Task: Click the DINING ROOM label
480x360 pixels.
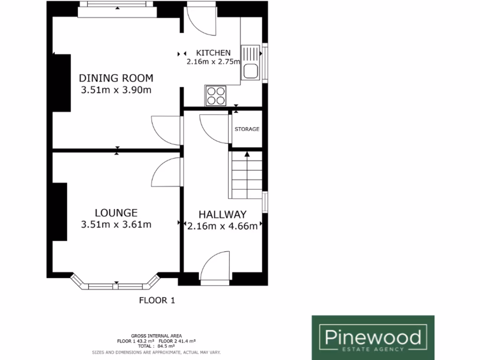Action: point(116,78)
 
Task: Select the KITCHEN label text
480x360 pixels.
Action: point(213,52)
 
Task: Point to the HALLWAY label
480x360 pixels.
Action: point(222,215)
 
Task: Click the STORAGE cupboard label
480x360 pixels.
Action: point(247,129)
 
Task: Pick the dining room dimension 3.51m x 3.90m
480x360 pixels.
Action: point(116,90)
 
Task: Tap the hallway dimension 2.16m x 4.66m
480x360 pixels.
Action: point(222,227)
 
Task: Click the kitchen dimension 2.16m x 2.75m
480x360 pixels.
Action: point(213,61)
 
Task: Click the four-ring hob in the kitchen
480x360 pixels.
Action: point(216,96)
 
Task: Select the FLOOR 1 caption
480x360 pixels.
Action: point(157,300)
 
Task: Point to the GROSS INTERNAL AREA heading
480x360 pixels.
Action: point(156,336)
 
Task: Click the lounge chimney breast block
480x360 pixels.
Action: point(60,212)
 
